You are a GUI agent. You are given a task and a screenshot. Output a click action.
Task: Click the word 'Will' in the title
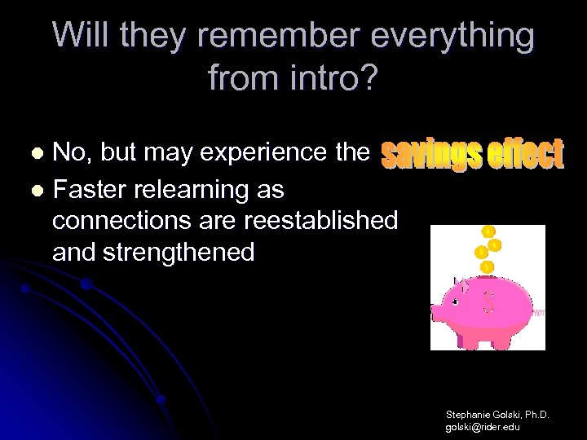(82, 36)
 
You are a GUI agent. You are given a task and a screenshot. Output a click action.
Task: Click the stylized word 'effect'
(519, 155)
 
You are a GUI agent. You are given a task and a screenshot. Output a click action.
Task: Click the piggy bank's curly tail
(538, 312)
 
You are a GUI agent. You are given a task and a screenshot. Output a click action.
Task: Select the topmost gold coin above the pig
(487, 231)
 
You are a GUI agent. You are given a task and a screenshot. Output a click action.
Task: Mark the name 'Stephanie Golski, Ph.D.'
(497, 416)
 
